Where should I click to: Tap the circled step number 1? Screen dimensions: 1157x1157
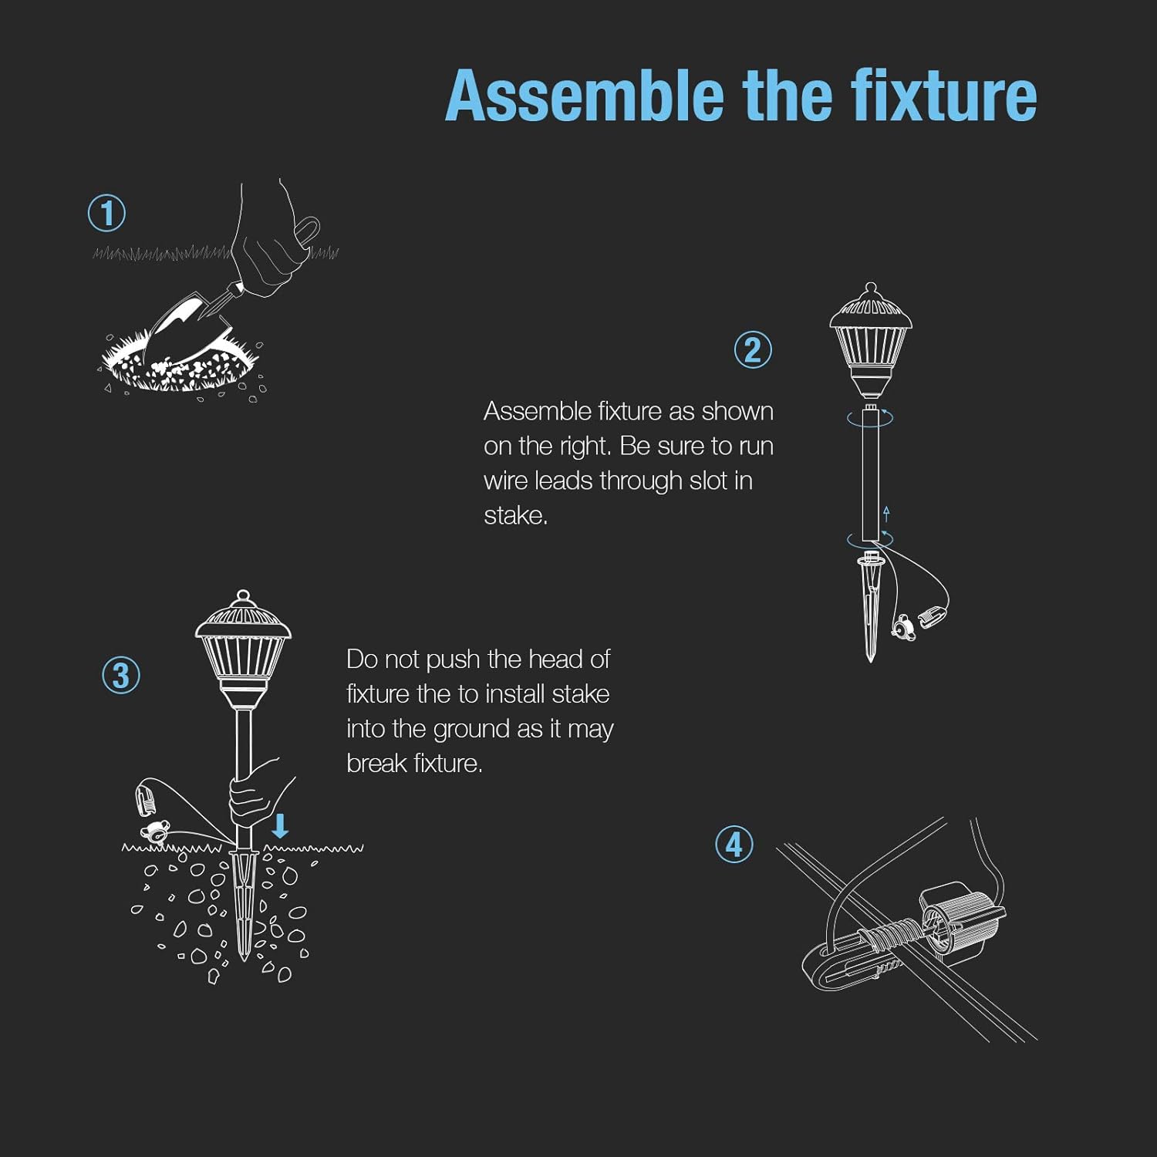click(106, 214)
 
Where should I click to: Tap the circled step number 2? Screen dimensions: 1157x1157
click(753, 349)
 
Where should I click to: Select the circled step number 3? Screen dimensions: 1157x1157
click(121, 676)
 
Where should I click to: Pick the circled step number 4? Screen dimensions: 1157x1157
click(734, 844)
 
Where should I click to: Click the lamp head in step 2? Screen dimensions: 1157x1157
click(871, 339)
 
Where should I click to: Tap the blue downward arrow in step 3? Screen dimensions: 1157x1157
click(280, 825)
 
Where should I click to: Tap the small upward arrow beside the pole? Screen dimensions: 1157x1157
click(887, 514)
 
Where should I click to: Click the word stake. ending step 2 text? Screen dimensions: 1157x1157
click(515, 515)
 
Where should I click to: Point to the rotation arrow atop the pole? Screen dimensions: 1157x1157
click(870, 418)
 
